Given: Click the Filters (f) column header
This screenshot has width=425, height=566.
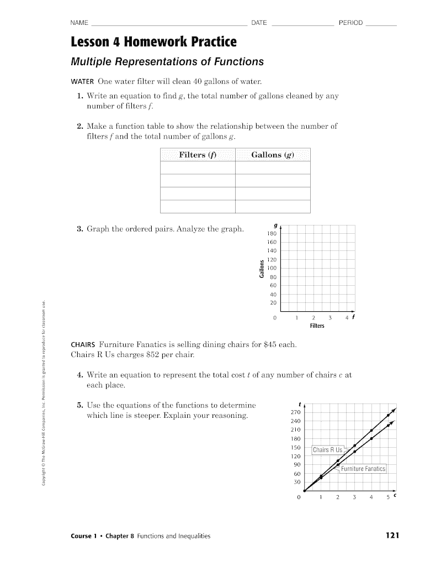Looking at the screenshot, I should pyautogui.click(x=197, y=155).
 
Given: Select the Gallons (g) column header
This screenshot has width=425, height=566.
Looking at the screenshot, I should pyautogui.click(x=273, y=155).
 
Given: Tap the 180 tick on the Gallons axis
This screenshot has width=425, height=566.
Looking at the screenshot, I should pyautogui.click(x=272, y=233).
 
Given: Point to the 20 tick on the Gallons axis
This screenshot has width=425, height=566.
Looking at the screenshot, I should pyautogui.click(x=273, y=302).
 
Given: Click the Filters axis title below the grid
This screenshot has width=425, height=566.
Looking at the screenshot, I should pyautogui.click(x=317, y=326).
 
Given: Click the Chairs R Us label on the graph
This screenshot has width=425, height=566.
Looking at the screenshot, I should pyautogui.click(x=327, y=450).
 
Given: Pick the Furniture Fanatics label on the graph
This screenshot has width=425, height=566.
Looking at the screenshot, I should pyautogui.click(x=363, y=469).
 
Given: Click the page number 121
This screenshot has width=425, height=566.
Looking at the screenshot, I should pyautogui.click(x=392, y=535).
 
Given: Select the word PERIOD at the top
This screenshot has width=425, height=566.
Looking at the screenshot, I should pyautogui.click(x=350, y=23).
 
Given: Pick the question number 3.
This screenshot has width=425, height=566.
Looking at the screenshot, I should pyautogui.click(x=80, y=229).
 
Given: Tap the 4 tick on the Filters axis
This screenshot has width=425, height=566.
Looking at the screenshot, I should pyautogui.click(x=346, y=318).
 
